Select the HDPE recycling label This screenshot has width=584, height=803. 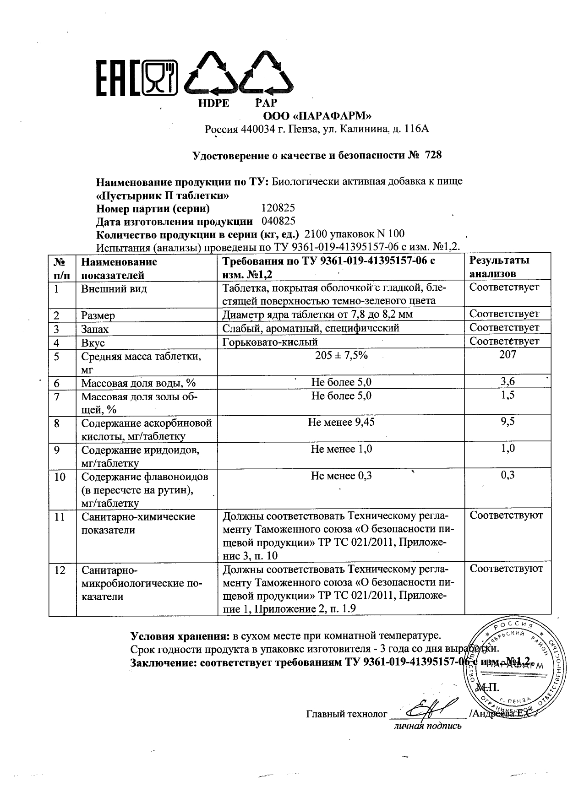[213, 103]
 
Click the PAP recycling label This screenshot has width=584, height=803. [266, 103]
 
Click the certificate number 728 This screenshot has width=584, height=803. [433, 155]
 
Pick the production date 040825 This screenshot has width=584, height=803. [278, 222]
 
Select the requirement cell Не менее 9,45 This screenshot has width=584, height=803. [341, 422]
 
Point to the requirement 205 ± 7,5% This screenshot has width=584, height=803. [341, 355]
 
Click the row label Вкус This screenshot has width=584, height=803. [93, 342]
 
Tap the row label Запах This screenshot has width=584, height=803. [95, 329]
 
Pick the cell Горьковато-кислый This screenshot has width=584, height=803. [270, 342]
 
